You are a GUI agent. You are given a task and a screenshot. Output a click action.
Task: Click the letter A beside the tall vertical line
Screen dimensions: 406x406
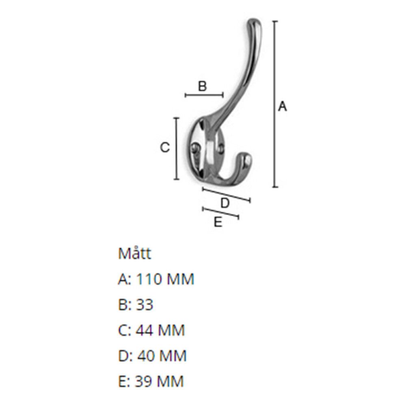pyautogui.click(x=283, y=107)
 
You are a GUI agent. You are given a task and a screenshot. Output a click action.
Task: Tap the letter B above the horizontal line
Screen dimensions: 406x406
pyautogui.click(x=203, y=86)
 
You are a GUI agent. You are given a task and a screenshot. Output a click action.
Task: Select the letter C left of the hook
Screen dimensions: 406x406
pyautogui.click(x=164, y=148)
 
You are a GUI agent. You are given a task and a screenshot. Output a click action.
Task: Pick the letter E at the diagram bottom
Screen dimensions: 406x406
pyautogui.click(x=218, y=222)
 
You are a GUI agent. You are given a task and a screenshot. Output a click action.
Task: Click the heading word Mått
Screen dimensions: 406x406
pyautogui.click(x=134, y=254)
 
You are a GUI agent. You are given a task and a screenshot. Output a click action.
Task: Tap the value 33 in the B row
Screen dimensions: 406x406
pyautogui.click(x=145, y=304)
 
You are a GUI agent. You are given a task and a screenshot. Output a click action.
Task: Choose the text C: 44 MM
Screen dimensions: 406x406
pyautogui.click(x=151, y=330)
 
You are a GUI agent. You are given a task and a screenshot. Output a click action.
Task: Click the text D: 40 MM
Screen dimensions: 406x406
pyautogui.click(x=152, y=356)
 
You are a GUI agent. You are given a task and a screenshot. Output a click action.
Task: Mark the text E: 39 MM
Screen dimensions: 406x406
pyautogui.click(x=151, y=381)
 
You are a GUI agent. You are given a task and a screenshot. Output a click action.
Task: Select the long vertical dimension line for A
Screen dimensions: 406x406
pyautogui.click(x=275, y=104)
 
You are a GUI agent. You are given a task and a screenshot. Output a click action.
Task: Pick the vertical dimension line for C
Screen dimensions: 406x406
pyautogui.click(x=176, y=148)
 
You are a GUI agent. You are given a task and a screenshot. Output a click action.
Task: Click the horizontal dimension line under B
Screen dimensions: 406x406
pyautogui.click(x=204, y=95)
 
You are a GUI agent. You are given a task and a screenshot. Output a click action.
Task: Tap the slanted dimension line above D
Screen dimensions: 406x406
pyautogui.click(x=226, y=194)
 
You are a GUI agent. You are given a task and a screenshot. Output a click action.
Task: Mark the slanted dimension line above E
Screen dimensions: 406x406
pyautogui.click(x=220, y=214)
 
